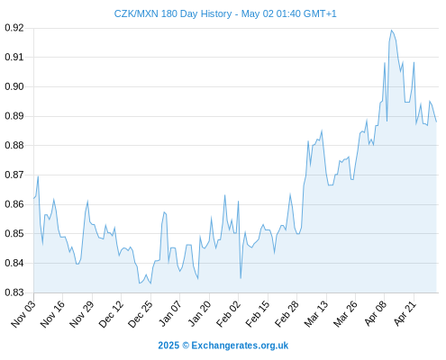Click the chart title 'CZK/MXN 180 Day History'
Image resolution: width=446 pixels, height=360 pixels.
(173, 13)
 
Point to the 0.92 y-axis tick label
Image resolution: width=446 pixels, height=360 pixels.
(14, 28)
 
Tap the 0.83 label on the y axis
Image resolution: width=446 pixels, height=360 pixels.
(14, 292)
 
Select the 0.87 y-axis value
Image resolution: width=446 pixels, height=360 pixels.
(14, 175)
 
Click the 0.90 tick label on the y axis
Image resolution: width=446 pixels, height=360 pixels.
(14, 86)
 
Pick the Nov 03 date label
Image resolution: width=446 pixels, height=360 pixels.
(23, 314)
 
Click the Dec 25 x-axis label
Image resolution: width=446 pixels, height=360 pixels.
(141, 314)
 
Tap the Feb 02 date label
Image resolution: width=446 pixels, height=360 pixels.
(229, 314)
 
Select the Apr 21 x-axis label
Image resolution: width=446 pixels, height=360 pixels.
(405, 314)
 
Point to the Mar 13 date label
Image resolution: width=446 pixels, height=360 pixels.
(316, 314)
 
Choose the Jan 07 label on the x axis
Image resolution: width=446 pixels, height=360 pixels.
(170, 314)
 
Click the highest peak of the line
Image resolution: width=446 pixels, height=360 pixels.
(391, 30)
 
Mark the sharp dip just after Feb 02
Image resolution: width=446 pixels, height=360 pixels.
(241, 278)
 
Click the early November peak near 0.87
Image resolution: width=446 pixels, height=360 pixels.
(38, 176)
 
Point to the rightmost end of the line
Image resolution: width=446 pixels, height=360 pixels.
(436, 121)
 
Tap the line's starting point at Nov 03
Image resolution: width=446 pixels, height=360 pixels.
(33, 198)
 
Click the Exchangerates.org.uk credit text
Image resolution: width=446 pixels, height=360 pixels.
(240, 346)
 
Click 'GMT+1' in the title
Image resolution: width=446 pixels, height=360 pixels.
(320, 13)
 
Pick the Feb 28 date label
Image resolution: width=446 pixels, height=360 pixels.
(287, 314)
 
